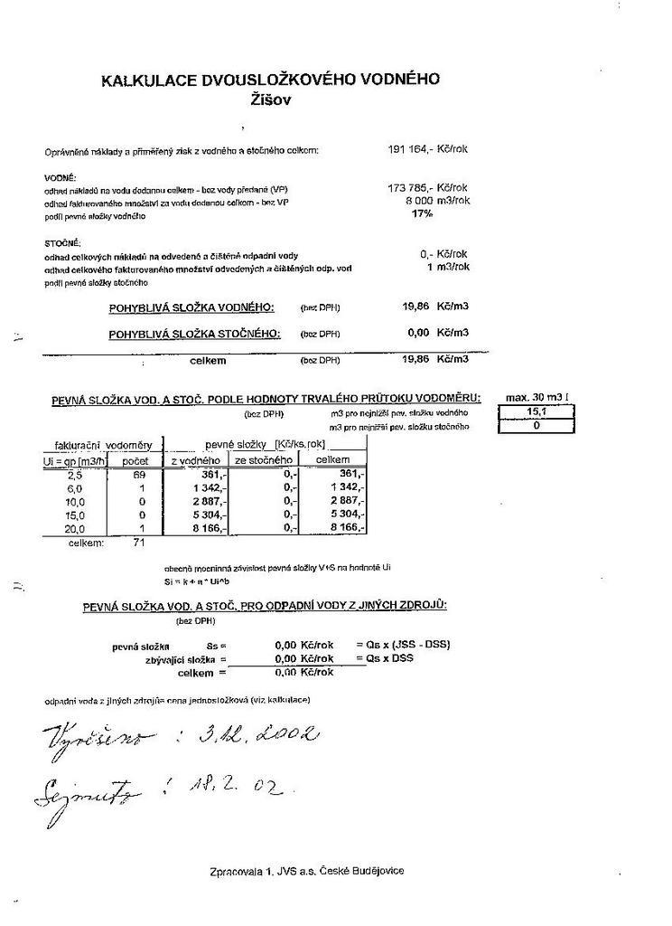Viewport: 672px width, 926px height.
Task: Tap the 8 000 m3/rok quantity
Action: pyautogui.click(x=437, y=201)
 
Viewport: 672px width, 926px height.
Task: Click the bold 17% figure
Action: pyautogui.click(x=422, y=214)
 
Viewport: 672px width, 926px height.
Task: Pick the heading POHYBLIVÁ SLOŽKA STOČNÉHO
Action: pyautogui.click(x=195, y=334)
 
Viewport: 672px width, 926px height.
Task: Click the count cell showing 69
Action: pyautogui.click(x=139, y=474)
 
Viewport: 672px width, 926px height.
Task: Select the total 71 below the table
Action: pyautogui.click(x=138, y=543)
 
